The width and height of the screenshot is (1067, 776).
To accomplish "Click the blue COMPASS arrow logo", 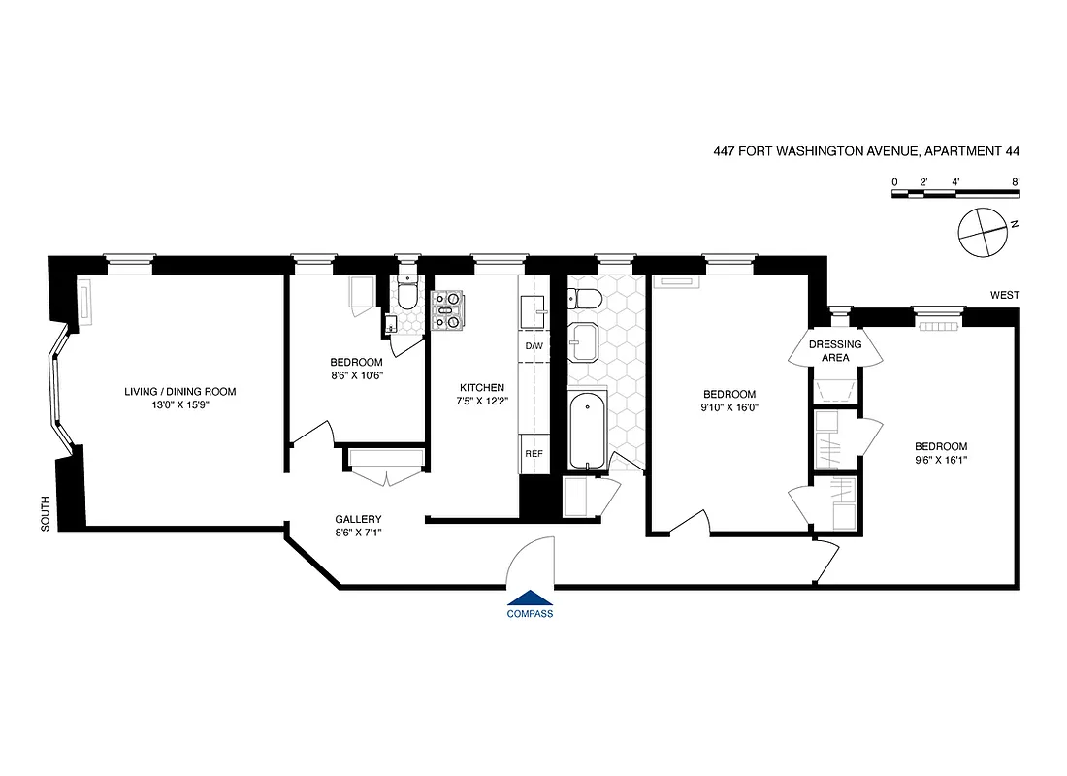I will tap(530, 598).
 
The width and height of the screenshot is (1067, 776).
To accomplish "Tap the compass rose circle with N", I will tap(981, 231).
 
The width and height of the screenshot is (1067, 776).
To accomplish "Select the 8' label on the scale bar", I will tap(1015, 181).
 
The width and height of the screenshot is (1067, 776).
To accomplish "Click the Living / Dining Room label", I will tap(179, 392).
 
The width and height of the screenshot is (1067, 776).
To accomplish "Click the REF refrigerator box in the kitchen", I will tap(533, 454).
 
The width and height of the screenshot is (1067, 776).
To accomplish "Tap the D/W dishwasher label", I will tap(533, 346).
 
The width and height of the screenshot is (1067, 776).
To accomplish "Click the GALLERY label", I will tap(358, 519).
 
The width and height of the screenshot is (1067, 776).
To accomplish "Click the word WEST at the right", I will tap(1005, 295).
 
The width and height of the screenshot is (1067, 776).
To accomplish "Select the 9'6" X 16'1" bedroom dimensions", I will tap(941, 460).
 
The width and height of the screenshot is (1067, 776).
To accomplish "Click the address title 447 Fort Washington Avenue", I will tap(865, 151).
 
